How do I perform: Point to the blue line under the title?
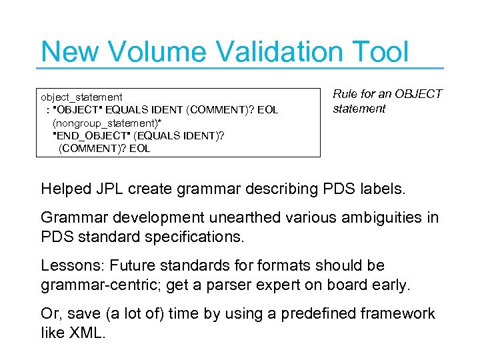[x=240, y=67]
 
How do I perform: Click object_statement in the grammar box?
[x=81, y=97]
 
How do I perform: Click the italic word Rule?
[x=345, y=94]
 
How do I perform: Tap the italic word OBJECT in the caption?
[x=418, y=94]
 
